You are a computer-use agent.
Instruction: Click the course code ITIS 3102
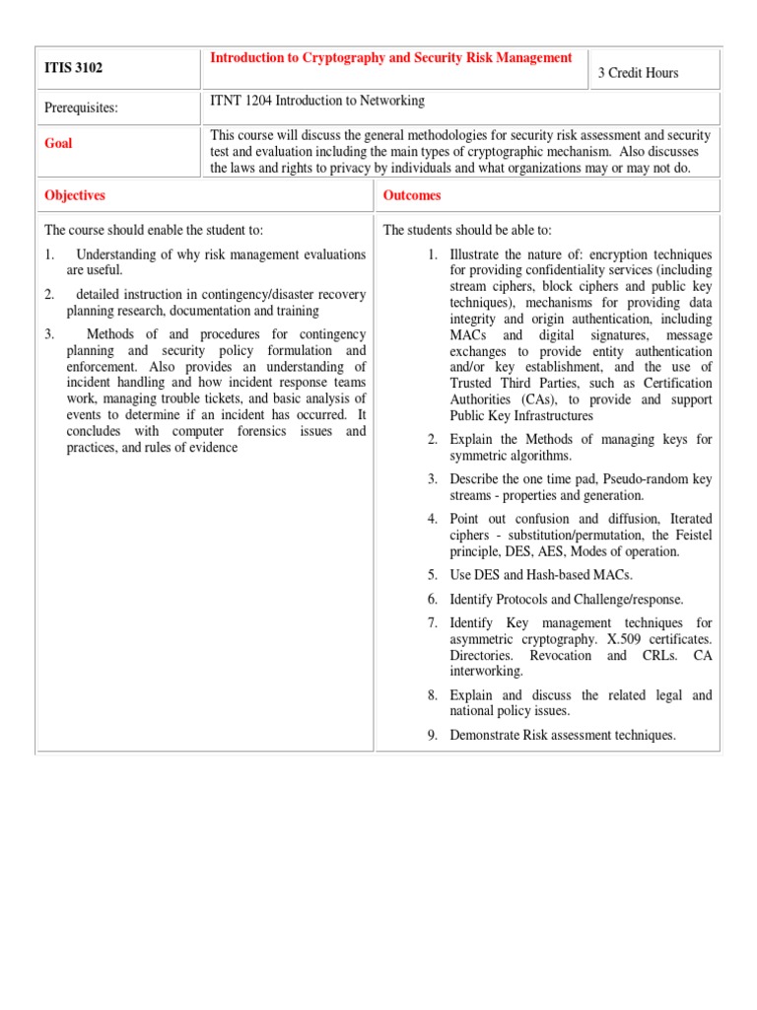(74, 69)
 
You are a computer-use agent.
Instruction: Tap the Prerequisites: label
(81, 108)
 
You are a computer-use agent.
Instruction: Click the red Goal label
(58, 143)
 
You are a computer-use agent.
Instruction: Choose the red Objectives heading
(75, 195)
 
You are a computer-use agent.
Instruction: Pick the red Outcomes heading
(412, 195)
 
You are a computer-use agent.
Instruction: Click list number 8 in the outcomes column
(432, 695)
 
